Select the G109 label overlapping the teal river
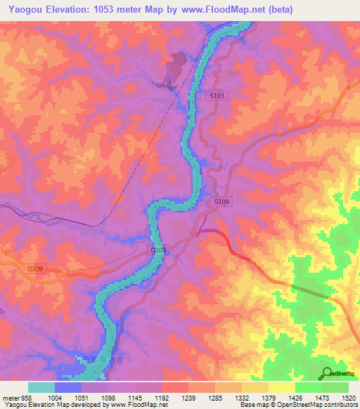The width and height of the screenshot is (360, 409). click(x=157, y=249)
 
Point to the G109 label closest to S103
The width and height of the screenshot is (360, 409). click(x=221, y=202)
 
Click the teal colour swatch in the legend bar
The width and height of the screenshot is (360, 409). click(x=41, y=388)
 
